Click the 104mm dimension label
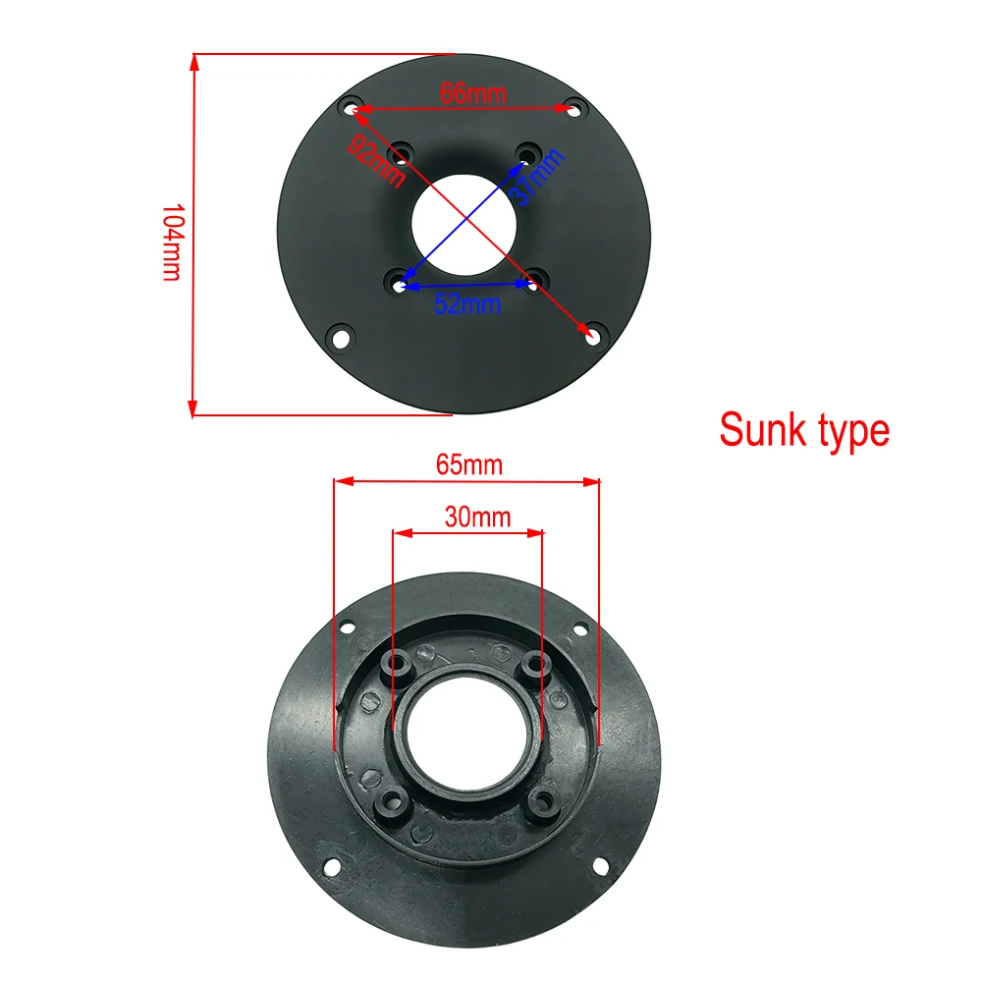coord(171,243)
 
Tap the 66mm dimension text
coord(472,94)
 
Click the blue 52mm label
coord(467,303)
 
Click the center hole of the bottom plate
coord(466,736)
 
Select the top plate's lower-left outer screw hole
coord(340,337)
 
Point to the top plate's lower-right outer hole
coord(590,335)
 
